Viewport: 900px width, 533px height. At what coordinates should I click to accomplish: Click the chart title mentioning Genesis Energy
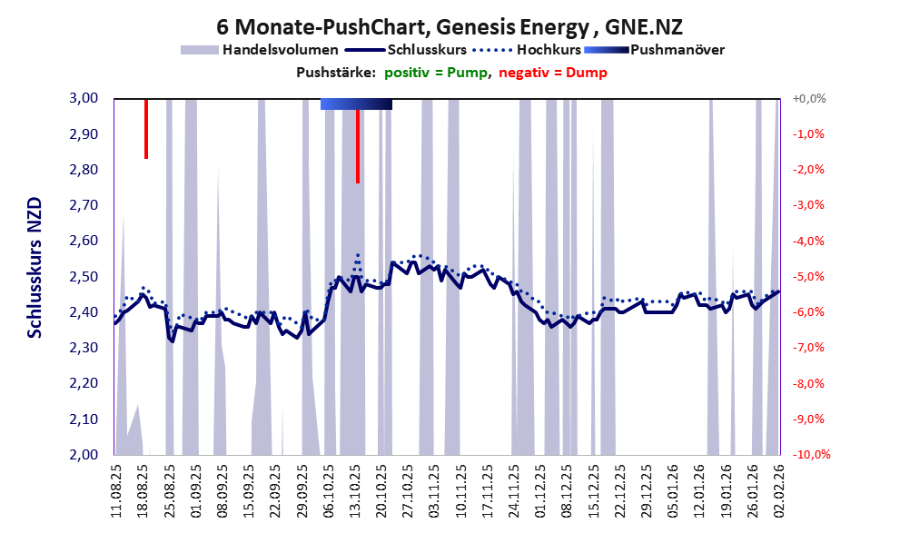[x=450, y=27]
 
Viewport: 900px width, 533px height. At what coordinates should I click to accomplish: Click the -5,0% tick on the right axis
[x=808, y=277]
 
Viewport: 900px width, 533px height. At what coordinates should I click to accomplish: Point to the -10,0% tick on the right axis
[x=806, y=455]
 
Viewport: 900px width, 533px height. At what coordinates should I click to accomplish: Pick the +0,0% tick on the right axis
[x=807, y=98]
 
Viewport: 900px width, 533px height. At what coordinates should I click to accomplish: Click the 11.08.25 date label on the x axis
[x=116, y=488]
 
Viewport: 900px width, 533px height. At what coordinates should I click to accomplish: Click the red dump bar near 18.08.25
[x=146, y=128]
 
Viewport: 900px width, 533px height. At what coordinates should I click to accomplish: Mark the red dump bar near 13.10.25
[x=358, y=145]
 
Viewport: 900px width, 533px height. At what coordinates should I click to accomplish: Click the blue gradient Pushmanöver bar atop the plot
[x=356, y=104]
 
